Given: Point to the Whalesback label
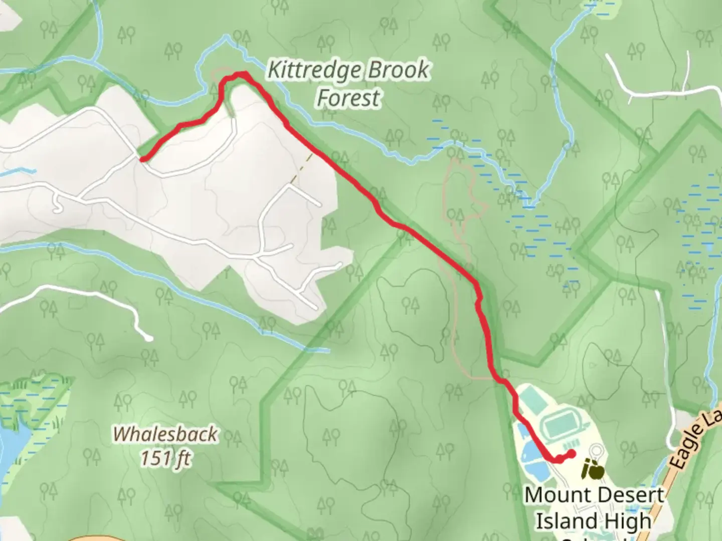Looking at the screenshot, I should (165, 434).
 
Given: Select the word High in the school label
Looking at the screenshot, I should (626, 521).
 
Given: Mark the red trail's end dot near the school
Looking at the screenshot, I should (572, 454).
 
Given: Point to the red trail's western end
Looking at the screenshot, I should (143, 160).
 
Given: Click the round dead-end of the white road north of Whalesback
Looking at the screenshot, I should (148, 338).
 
